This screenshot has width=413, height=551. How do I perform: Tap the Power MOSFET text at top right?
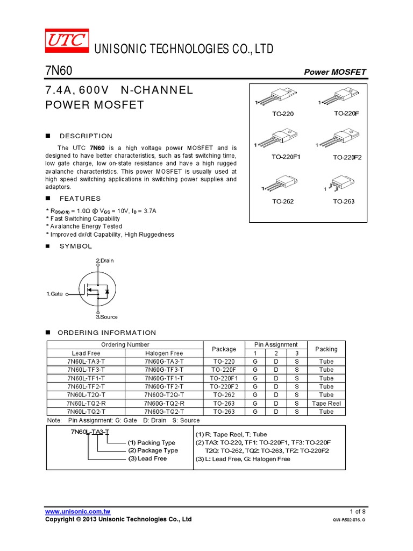(x=335, y=72)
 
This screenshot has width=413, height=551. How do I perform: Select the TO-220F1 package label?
(x=286, y=157)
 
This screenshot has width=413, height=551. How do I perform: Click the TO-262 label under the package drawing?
(x=282, y=201)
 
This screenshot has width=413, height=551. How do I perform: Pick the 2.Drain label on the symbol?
(x=105, y=260)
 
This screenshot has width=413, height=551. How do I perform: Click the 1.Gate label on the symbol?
(x=55, y=294)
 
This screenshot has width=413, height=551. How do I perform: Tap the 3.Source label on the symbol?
(x=106, y=317)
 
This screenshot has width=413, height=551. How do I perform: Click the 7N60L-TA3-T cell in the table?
(x=86, y=362)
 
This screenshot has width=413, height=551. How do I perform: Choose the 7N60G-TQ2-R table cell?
(x=164, y=403)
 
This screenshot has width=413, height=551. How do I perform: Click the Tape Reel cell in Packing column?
(x=326, y=403)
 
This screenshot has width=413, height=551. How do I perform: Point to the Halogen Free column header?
(x=164, y=353)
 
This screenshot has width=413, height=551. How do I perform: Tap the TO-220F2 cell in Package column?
(x=224, y=386)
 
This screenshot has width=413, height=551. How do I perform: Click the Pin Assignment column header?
(x=275, y=344)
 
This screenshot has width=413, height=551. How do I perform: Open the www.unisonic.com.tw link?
(x=78, y=511)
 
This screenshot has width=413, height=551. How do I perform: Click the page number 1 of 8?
(x=358, y=511)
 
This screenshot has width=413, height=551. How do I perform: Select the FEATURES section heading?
(x=80, y=199)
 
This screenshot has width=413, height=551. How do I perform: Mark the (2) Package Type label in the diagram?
(x=153, y=450)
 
